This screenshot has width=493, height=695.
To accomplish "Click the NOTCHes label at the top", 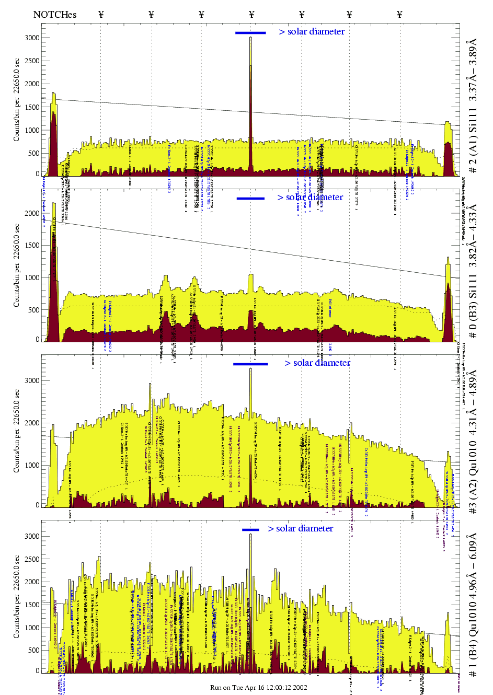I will (x=55, y=15).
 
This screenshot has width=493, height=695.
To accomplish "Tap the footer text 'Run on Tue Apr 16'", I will (x=258, y=688).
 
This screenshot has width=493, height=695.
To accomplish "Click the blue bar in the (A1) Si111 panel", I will (x=250, y=33).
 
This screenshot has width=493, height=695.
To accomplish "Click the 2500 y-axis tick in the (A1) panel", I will (x=32, y=61).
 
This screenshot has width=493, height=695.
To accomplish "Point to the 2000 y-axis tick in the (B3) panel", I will (x=32, y=213).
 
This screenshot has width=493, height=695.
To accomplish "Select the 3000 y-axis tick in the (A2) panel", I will (x=32, y=380).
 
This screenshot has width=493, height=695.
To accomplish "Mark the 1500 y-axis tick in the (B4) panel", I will (x=32, y=605).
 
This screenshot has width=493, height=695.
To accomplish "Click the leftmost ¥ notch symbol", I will (x=101, y=15).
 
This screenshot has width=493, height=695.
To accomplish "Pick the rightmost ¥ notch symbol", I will (x=400, y=15).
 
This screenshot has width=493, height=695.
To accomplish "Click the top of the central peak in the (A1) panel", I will (x=250, y=38).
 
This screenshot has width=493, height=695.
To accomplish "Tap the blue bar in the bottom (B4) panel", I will (x=250, y=530).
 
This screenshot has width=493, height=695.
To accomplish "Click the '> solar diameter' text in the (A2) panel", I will (x=317, y=363).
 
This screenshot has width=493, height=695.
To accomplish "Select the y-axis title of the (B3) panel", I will (x=17, y=265).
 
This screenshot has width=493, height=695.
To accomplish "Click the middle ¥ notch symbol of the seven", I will (x=251, y=15).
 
